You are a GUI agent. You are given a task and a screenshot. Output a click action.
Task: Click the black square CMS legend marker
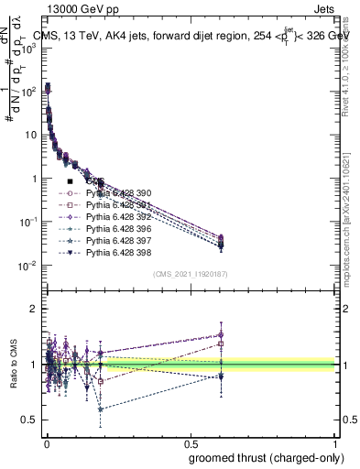pyautogui.click(x=70, y=182)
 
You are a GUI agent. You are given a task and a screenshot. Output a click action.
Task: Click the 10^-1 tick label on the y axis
pyautogui.click(x=27, y=222)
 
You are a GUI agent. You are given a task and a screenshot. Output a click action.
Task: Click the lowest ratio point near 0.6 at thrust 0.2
pyautogui.click(x=100, y=409)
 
